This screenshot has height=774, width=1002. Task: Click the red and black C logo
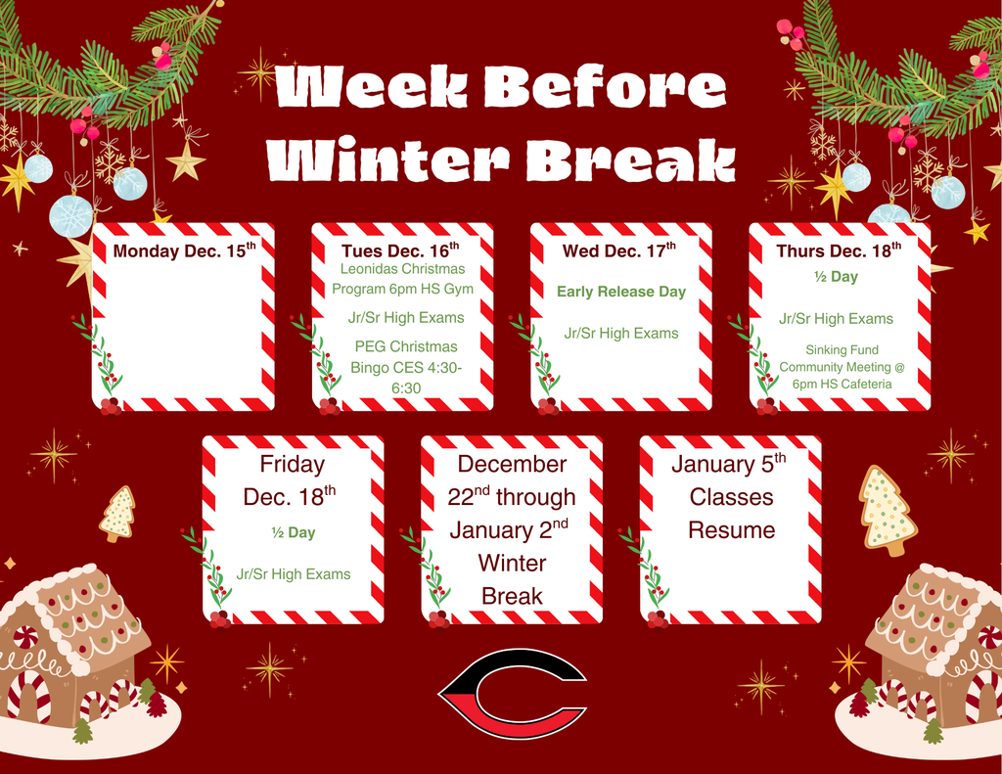coord(512,696)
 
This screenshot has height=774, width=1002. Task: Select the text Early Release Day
coord(621,292)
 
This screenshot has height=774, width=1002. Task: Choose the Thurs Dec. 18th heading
coord(839,250)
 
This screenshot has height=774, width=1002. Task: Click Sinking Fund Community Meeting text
coord(842,367)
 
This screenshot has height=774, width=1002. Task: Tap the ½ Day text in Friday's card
coord(294,533)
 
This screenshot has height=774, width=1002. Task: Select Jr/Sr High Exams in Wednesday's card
coord(621,334)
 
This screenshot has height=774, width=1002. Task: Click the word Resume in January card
coord(731,530)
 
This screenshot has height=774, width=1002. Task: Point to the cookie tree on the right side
coord(887,509)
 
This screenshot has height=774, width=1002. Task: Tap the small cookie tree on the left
coord(117,513)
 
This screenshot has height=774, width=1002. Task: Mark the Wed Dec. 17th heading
coord(619,250)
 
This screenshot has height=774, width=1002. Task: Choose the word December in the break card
coord(512,464)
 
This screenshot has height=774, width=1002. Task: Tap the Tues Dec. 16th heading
coord(399,250)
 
